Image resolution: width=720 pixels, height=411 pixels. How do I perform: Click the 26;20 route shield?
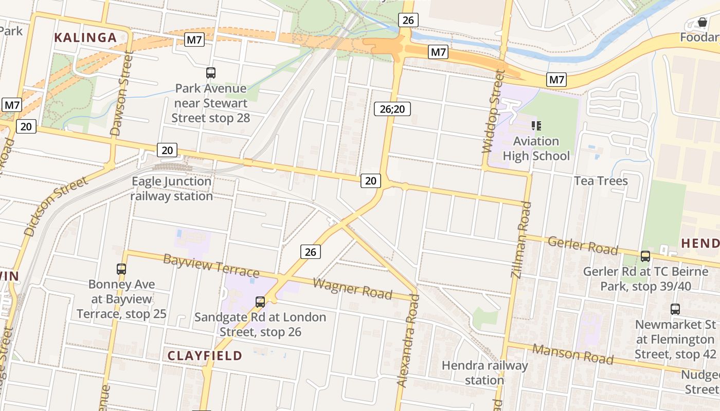click(392, 108)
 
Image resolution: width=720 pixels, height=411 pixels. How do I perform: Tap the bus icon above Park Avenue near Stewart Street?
click(211, 73)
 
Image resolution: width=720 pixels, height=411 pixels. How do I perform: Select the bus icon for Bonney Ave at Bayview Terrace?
click(121, 269)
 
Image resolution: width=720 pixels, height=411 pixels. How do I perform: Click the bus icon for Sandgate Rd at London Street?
click(260, 302)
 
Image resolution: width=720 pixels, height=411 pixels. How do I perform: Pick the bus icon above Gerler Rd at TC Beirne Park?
click(645, 256)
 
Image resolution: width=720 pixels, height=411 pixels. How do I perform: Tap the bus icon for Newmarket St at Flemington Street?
click(675, 309)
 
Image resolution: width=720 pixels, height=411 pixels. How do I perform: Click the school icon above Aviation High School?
click(536, 125)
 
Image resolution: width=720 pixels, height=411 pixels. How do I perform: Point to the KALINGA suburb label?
click(85, 38)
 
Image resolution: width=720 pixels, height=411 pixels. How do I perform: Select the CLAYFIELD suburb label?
click(205, 356)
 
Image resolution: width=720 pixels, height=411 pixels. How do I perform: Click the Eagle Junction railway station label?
click(171, 189)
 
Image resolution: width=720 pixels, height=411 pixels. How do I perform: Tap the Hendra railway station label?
click(484, 373)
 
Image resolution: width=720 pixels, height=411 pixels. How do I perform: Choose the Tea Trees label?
click(601, 181)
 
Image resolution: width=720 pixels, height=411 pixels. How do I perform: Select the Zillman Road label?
click(521, 239)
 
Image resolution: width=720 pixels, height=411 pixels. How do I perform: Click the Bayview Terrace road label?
click(211, 265)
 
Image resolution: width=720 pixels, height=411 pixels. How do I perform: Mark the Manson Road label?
click(572, 353)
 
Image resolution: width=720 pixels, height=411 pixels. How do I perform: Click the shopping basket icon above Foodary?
click(702, 22)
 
